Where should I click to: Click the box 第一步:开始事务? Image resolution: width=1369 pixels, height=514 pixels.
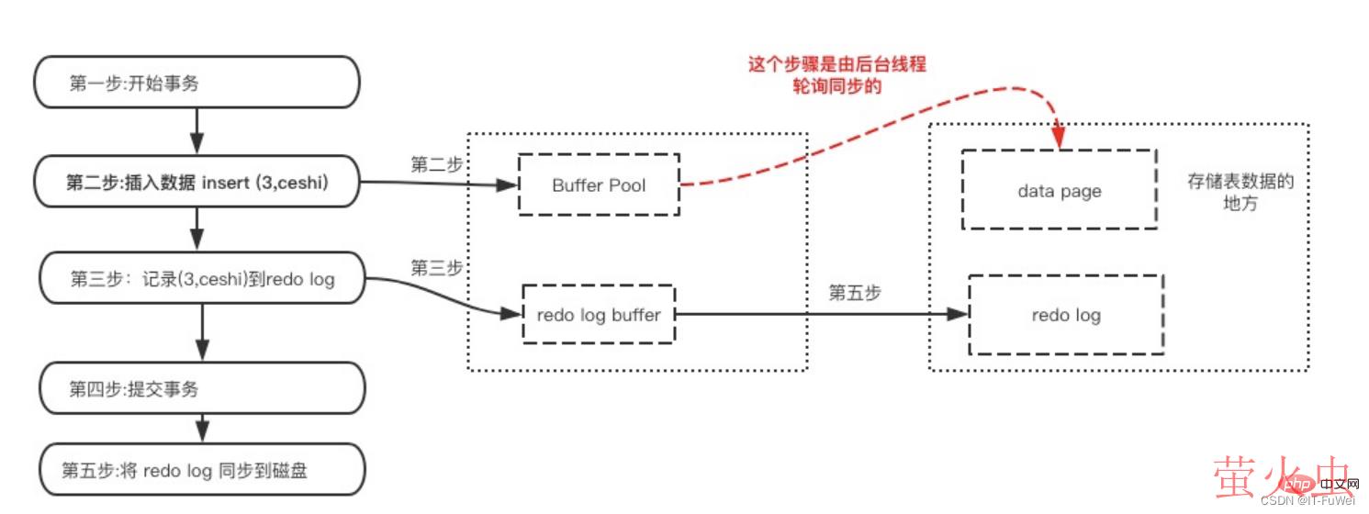pos(196,83)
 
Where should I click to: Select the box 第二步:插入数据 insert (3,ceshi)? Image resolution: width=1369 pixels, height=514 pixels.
pos(196,184)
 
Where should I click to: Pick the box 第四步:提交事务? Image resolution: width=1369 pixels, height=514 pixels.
pos(201,388)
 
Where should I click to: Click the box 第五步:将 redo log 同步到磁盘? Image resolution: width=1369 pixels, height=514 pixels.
pos(201,471)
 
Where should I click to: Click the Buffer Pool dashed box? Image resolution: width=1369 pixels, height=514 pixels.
pos(599,184)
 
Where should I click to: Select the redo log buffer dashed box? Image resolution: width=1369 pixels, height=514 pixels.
pos(599,315)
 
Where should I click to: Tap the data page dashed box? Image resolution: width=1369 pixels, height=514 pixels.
pos(1059,190)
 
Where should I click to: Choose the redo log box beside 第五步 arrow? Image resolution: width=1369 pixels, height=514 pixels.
pos(1066,315)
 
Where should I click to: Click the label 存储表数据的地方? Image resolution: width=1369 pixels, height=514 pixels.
pos(1240,192)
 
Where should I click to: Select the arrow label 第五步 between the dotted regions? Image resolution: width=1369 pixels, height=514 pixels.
pos(855,293)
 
